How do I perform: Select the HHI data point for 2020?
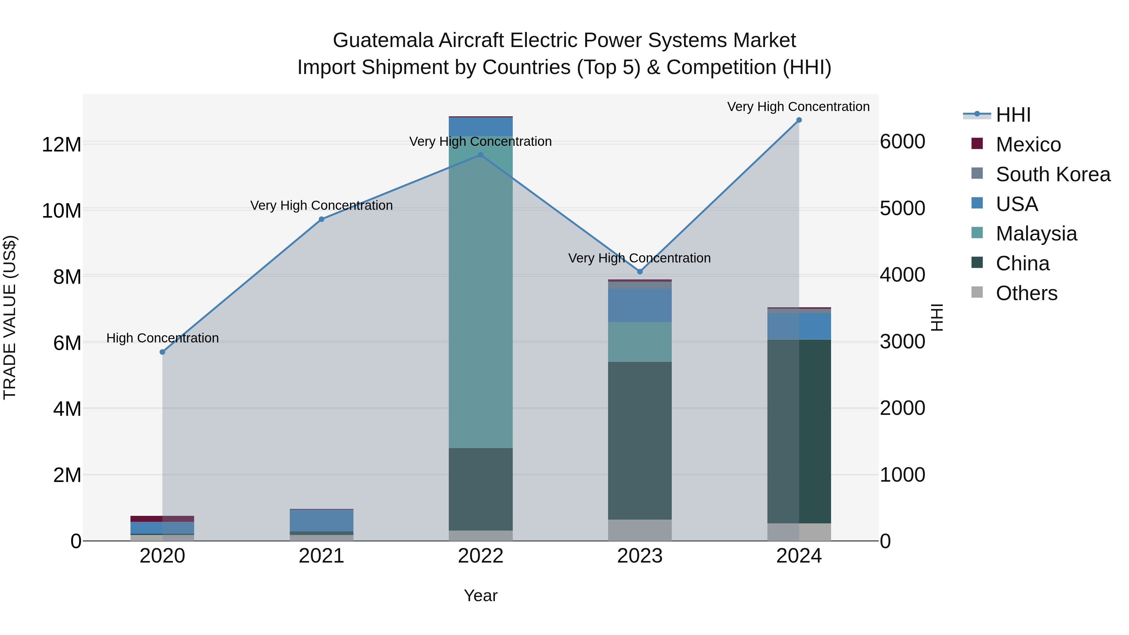click(x=162, y=352)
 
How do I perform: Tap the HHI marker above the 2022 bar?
click(x=481, y=155)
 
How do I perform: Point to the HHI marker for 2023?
click(x=640, y=272)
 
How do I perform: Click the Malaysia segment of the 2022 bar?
click(x=481, y=294)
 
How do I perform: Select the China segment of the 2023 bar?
click(x=640, y=441)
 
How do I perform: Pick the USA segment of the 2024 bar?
click(x=799, y=326)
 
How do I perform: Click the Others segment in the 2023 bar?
click(x=640, y=530)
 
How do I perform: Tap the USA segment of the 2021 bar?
click(x=322, y=521)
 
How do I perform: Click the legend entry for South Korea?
click(x=1053, y=174)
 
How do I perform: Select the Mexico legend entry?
click(x=1028, y=145)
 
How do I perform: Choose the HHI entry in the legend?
click(x=1013, y=115)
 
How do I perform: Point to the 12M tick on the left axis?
click(x=61, y=145)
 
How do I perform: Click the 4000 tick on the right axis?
click(x=902, y=275)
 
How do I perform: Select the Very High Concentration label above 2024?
click(x=798, y=107)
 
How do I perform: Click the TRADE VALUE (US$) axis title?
click(x=10, y=317)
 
